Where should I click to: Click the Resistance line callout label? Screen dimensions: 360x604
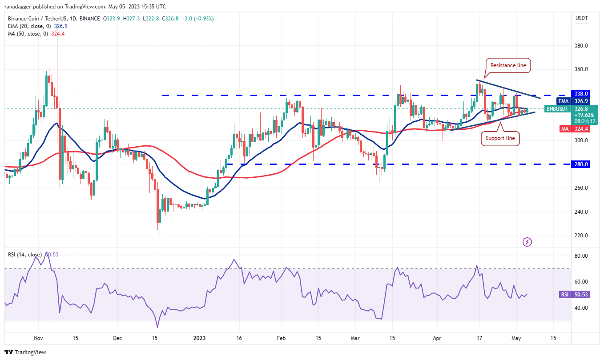pos(508,65)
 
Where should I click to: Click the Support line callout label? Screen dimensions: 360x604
pos(500,138)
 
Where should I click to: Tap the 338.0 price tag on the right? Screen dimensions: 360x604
pos(581,94)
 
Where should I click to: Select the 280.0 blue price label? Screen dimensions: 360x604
pos(581,164)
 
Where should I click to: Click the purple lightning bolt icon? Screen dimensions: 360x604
pos(527,242)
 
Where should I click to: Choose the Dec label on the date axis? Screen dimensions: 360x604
pos(117,338)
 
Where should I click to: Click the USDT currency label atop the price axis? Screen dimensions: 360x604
pos(581,18)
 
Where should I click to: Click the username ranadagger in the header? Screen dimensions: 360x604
pos(21,7)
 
